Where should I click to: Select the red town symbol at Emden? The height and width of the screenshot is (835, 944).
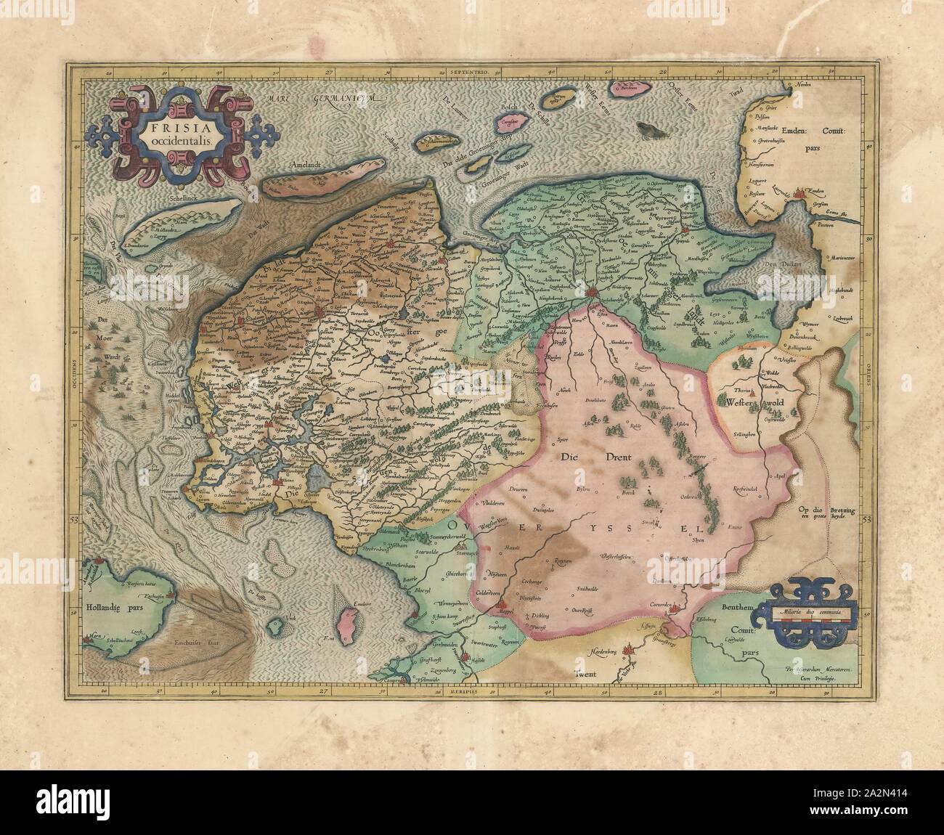coord(802,194)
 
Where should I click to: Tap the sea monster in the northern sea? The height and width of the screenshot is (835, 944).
coord(649,130)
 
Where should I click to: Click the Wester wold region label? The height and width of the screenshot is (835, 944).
coord(754,400)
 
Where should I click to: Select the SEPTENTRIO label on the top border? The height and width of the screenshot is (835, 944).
coord(470,74)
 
